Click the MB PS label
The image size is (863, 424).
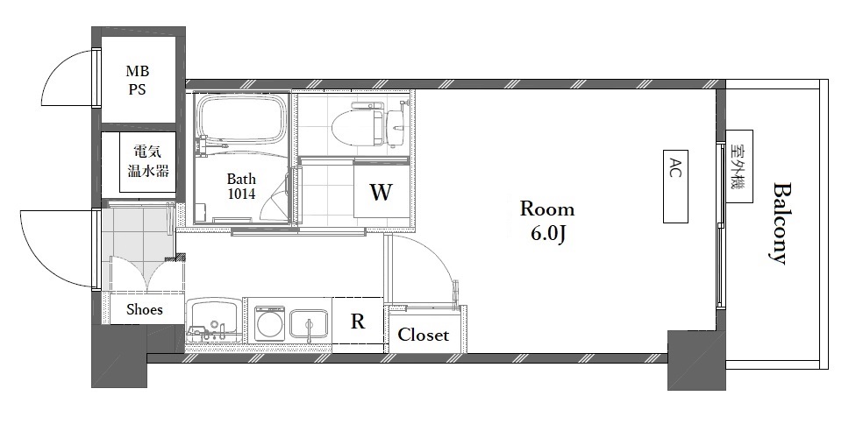(138, 80)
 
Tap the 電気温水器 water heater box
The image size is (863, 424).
(148, 162)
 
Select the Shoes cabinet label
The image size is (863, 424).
(145, 309)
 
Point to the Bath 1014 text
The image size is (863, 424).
(241, 187)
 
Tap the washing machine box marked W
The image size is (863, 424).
(381, 192)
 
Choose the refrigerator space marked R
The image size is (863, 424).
(358, 322)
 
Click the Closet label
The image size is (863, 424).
(424, 335)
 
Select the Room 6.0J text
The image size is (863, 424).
(547, 221)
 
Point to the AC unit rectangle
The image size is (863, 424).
(675, 187)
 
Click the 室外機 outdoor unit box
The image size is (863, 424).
(739, 166)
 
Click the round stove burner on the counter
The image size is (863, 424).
(270, 323)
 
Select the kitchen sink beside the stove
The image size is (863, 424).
(309, 327)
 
